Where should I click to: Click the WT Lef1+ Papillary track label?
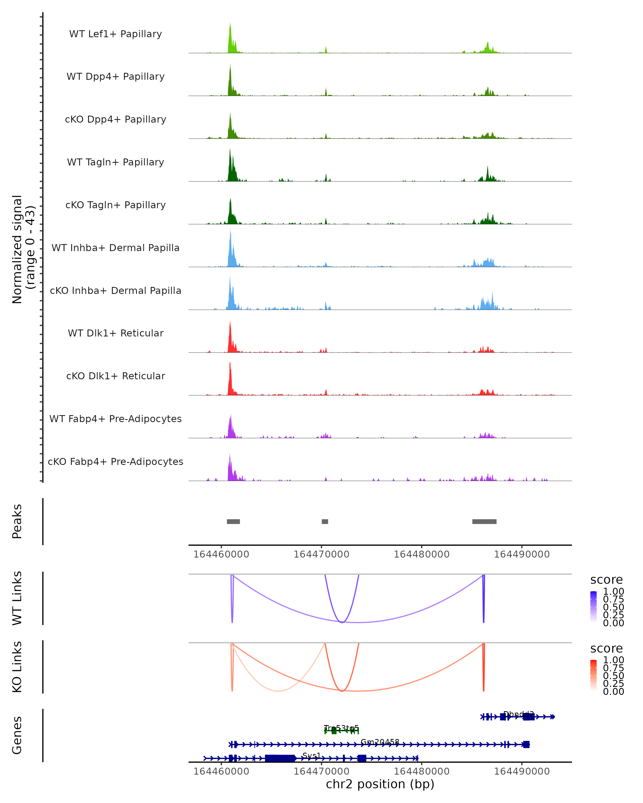tap(115, 34)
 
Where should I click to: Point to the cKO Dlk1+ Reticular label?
tap(115, 376)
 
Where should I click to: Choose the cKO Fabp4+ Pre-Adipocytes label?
tap(115, 461)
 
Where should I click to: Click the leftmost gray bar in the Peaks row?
tap(233, 521)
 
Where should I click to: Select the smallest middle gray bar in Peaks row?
tap(325, 521)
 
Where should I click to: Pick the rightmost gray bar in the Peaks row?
tap(484, 521)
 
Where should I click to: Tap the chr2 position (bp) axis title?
tap(380, 784)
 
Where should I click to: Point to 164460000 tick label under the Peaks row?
tap(221, 554)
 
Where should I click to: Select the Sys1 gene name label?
tap(312, 755)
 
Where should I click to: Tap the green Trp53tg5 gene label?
tap(341, 728)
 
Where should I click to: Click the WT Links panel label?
tap(17, 598)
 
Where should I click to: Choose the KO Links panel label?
tap(17, 667)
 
